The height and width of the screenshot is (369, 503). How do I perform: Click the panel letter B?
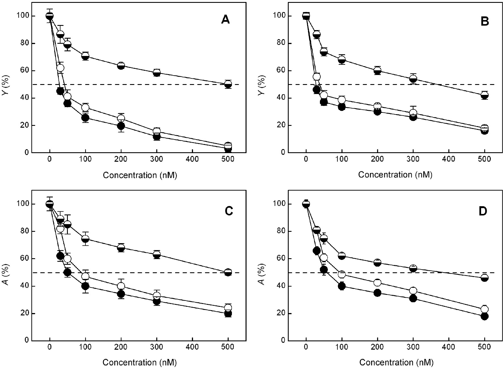coord(485,21)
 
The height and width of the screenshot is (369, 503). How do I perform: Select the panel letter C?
coord(229,211)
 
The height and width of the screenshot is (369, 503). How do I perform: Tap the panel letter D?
coord(483,211)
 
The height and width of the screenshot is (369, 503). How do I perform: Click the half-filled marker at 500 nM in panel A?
coord(228,84)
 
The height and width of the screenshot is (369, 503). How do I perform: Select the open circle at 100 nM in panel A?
coord(85,107)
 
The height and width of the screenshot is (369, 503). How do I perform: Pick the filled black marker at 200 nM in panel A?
coord(121,126)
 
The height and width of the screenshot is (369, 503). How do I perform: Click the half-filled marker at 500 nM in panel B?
coord(485,95)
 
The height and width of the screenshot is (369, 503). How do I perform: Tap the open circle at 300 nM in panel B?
coord(413,113)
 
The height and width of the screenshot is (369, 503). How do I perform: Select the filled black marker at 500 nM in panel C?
coord(228,313)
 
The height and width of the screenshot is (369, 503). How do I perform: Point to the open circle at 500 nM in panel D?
coord(485,309)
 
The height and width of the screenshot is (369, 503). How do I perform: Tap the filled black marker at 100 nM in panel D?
coord(342,286)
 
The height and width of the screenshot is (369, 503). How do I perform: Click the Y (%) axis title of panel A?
coord(5,85)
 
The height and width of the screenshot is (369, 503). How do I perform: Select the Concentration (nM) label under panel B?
coord(395,175)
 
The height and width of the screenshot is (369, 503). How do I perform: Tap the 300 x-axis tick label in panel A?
coord(157,159)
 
